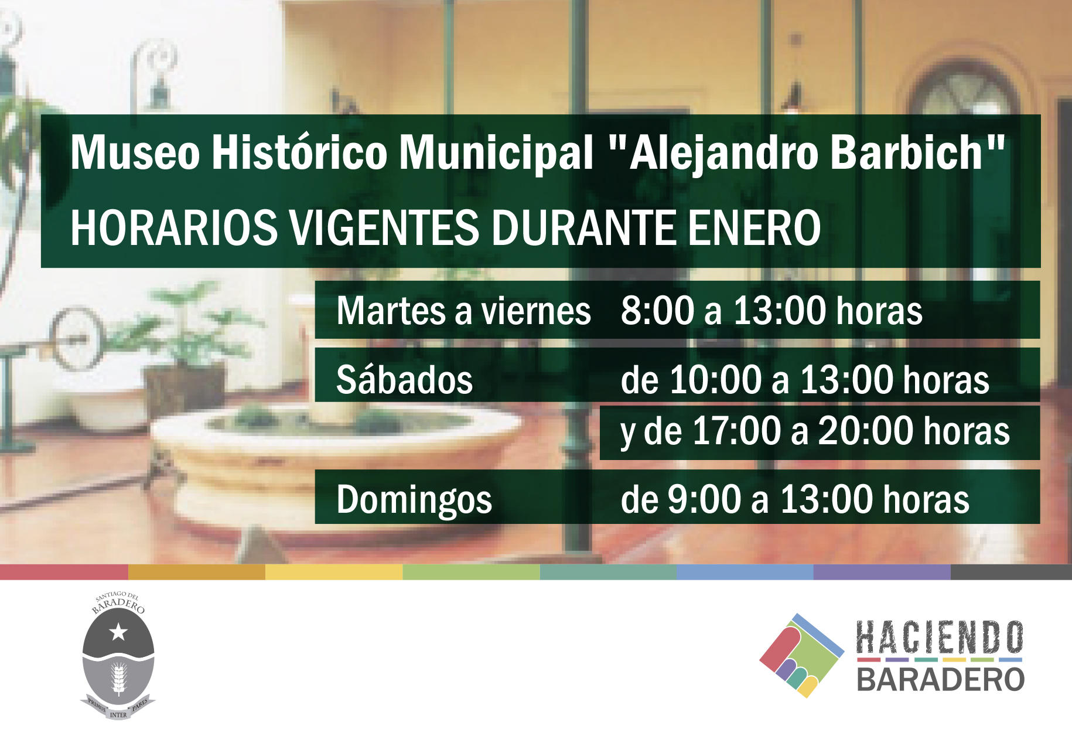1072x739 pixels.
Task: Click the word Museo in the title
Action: [135, 152]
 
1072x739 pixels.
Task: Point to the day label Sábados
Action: [404, 379]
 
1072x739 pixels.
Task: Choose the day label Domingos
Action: [414, 500]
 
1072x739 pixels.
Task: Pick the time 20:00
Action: [866, 431]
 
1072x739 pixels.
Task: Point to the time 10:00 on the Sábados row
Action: [715, 379]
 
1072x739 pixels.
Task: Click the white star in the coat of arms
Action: [118, 632]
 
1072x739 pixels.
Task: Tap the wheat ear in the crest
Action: [119, 678]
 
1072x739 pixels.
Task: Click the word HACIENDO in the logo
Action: [940, 638]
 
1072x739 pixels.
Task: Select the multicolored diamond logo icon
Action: [801, 655]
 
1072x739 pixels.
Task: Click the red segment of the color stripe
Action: [64, 572]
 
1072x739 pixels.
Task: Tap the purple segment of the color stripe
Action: [882, 572]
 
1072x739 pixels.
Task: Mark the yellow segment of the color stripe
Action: [334, 572]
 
